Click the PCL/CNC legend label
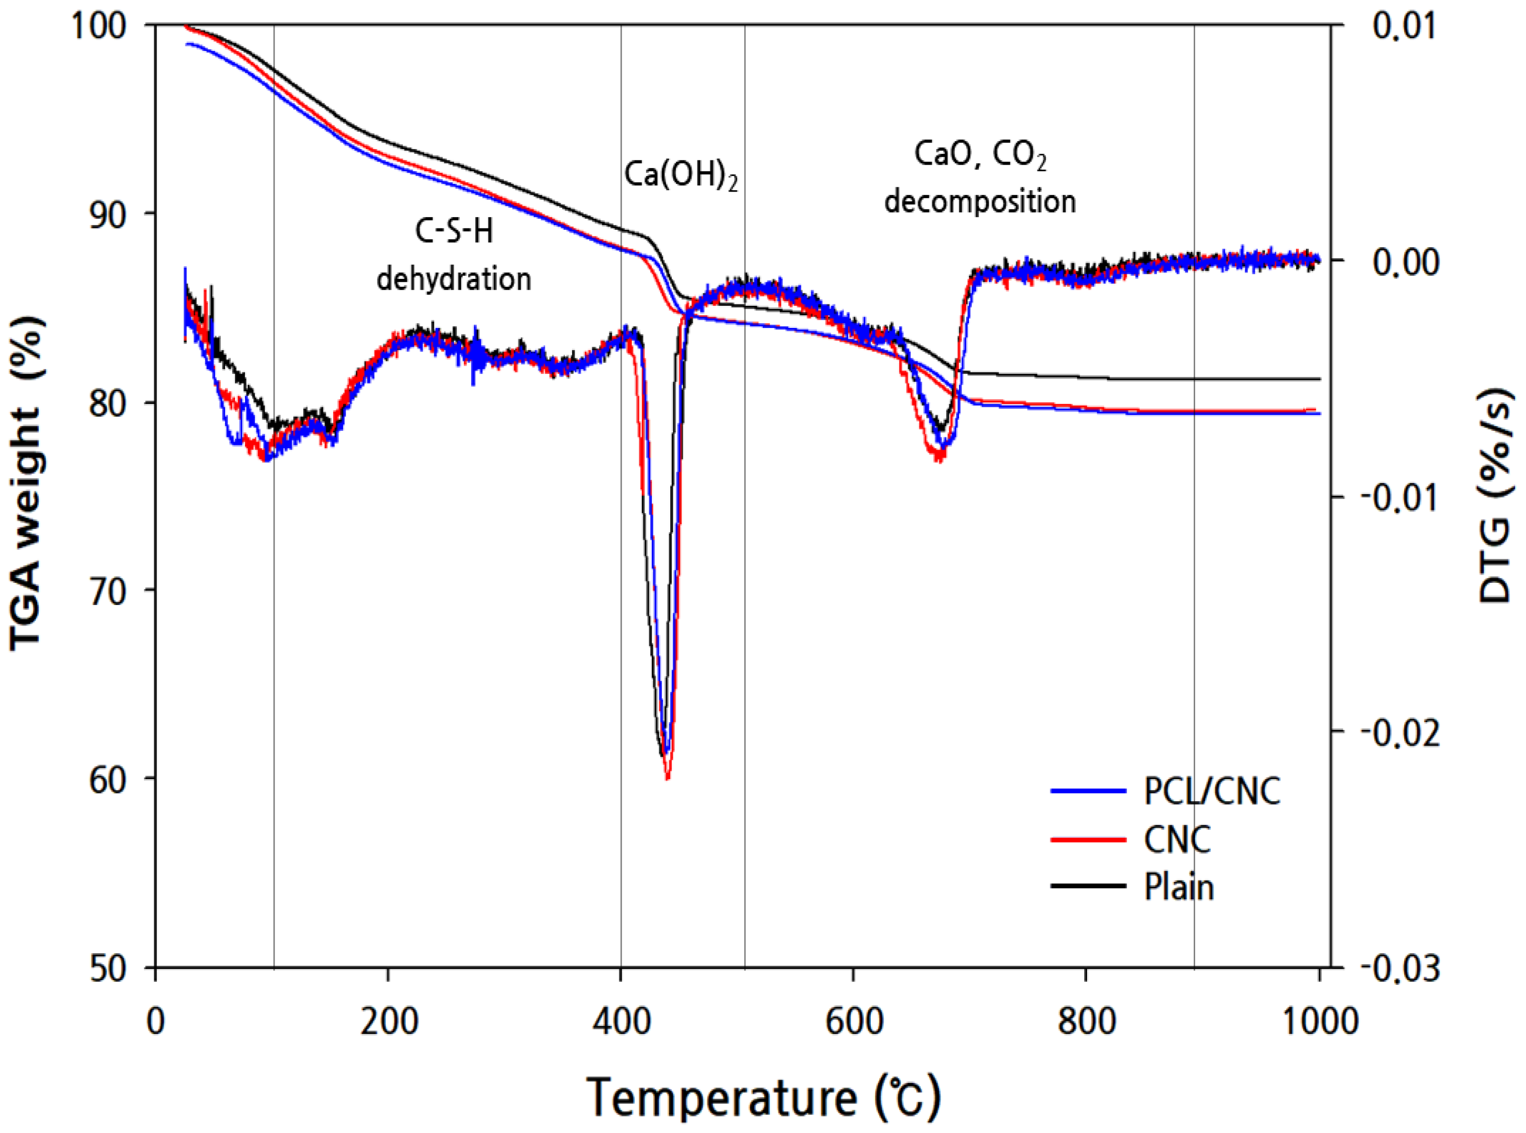click(1211, 791)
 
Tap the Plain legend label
click(1178, 888)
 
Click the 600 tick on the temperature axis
click(853, 1021)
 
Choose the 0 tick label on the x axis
click(156, 1021)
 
